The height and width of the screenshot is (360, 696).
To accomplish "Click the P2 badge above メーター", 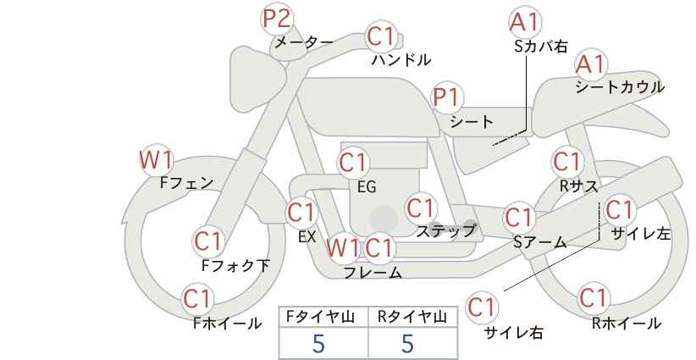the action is pyautogui.click(x=277, y=19).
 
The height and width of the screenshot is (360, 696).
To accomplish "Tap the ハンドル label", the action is pyautogui.click(x=401, y=59).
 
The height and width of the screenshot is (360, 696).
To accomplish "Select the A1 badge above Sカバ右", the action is pyautogui.click(x=525, y=22).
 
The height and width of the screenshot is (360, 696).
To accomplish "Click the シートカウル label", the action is pyautogui.click(x=620, y=87).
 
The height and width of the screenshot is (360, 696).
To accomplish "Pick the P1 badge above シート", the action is pyautogui.click(x=448, y=97).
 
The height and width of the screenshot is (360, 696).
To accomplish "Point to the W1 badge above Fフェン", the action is pyautogui.click(x=156, y=160).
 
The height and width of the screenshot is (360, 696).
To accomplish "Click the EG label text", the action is pyautogui.click(x=367, y=187).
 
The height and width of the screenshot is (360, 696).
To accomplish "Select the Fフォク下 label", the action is pyautogui.click(x=235, y=265).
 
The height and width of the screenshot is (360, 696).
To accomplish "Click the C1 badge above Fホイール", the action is pyautogui.click(x=198, y=299).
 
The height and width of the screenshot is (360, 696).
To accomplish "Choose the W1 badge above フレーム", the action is pyautogui.click(x=342, y=247).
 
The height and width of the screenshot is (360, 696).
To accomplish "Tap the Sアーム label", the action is pyautogui.click(x=540, y=242).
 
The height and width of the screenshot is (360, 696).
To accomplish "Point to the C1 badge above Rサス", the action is pyautogui.click(x=567, y=162).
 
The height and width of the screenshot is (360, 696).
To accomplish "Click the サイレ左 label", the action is pyautogui.click(x=641, y=234).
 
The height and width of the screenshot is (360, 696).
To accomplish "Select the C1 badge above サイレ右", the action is pyautogui.click(x=482, y=307).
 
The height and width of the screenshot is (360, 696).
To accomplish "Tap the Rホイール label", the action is pyautogui.click(x=627, y=324).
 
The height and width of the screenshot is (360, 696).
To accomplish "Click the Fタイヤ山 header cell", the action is pyautogui.click(x=323, y=317).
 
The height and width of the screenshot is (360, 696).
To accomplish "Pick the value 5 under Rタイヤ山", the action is pyautogui.click(x=408, y=343).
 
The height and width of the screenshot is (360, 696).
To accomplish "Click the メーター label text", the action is pyautogui.click(x=304, y=42).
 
